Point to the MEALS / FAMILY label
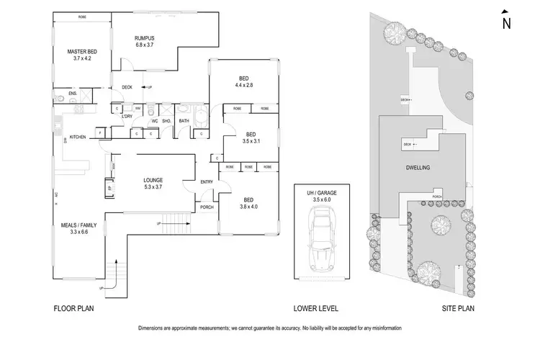[78, 225]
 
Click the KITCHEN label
[78, 136]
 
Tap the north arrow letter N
[506, 23]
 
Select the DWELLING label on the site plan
[418, 167]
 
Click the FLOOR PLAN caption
[74, 309]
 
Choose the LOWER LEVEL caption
[313, 309]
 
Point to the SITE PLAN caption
[459, 309]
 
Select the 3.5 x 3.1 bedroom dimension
[251, 142]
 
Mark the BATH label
[184, 121]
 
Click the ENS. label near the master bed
[73, 94]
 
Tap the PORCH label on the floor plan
[207, 207]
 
